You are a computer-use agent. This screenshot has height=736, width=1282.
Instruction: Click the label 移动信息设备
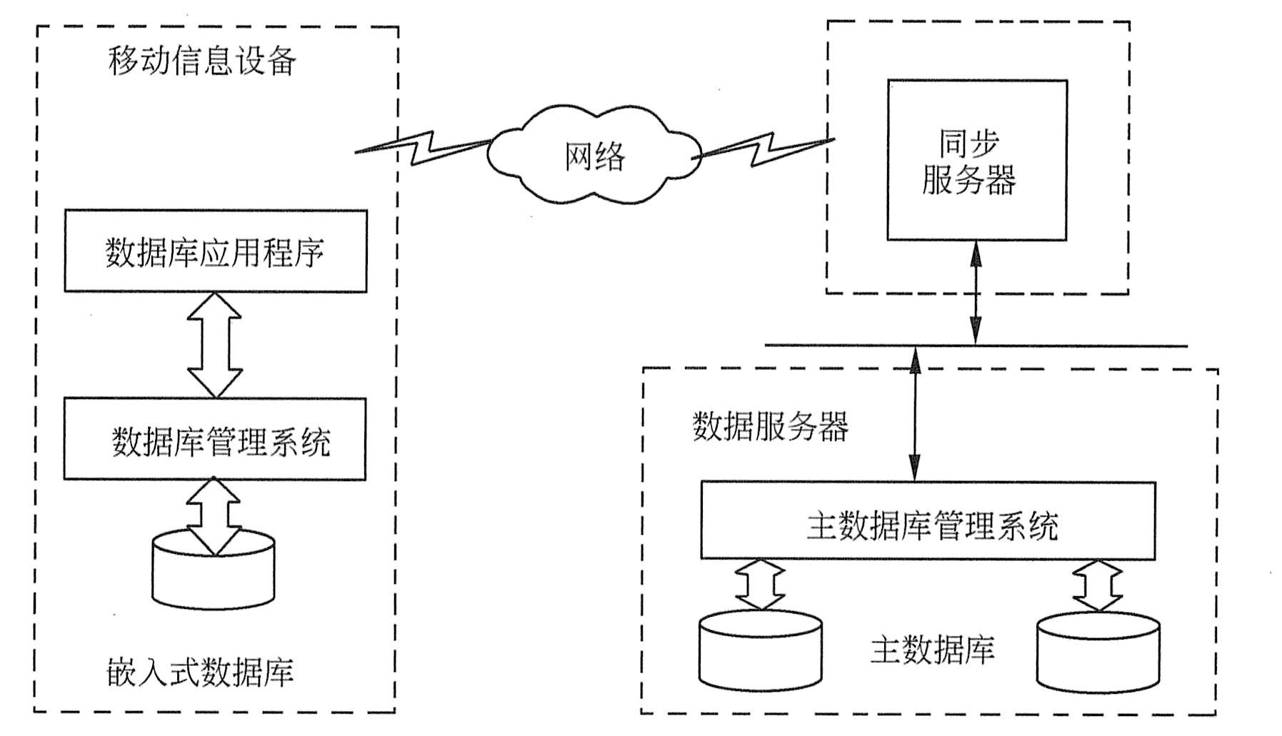pos(202,61)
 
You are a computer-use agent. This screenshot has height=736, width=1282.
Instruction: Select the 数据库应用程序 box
pos(216,251)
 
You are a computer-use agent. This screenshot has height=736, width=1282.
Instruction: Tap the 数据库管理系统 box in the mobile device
pos(215,440)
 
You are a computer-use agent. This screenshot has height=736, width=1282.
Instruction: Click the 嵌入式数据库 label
pos(201,672)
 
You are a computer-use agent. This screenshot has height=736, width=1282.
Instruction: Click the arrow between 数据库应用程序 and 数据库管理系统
pos(214,345)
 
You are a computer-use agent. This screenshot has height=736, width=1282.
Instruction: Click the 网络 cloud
pos(594,156)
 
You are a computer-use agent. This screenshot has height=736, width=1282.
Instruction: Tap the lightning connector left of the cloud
pos(423,147)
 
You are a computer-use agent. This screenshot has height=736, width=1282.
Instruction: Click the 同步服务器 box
pos(976,160)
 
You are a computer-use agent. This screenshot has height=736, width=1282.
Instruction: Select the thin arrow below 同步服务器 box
pos(976,293)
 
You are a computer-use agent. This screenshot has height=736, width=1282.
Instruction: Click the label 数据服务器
pos(771,427)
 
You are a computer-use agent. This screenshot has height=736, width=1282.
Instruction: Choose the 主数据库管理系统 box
pos(928,520)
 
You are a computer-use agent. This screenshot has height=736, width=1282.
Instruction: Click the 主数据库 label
pos(932,650)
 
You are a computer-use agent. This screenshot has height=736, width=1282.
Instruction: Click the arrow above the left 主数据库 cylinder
pos(760,584)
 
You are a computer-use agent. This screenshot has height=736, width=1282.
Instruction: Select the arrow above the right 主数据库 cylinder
pos(1098,584)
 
